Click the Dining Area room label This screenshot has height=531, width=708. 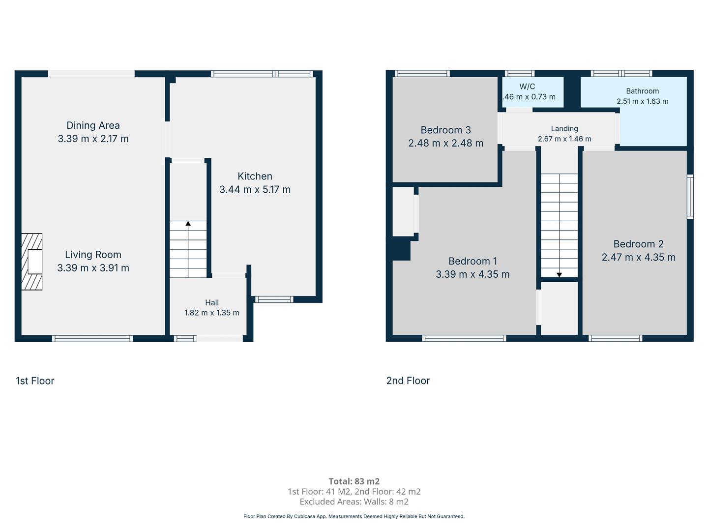(93, 125)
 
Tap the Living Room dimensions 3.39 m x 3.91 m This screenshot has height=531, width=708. (93, 268)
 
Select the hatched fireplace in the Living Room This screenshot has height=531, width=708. (31, 262)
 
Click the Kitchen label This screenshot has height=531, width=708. (255, 176)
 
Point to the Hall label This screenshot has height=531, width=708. (212, 302)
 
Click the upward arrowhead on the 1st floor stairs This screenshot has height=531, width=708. (188, 223)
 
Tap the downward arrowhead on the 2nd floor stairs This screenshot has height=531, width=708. (560, 275)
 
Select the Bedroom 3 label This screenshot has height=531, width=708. (446, 130)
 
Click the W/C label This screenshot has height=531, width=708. (527, 87)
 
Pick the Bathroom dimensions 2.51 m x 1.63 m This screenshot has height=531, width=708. (643, 101)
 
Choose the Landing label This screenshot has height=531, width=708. (564, 129)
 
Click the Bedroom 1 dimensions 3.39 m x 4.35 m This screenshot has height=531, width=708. (472, 274)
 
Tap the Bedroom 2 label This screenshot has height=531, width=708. (638, 244)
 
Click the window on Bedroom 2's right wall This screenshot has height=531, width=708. (690, 197)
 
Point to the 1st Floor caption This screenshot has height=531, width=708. (35, 381)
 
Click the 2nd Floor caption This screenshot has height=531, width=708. (408, 381)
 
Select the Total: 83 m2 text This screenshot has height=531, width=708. (354, 481)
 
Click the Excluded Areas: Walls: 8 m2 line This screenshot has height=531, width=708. (354, 501)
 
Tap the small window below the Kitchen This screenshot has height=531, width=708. (274, 299)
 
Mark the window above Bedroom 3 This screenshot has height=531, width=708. (422, 74)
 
